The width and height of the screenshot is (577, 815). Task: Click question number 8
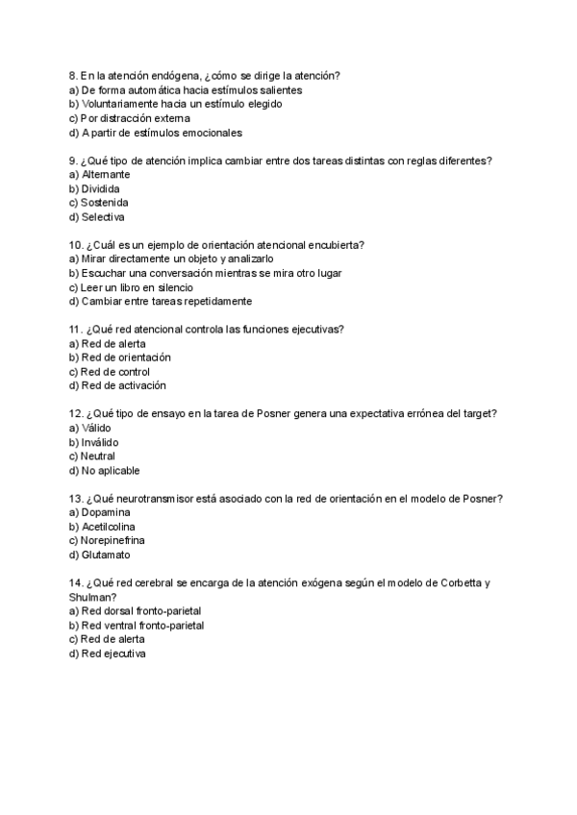(73, 76)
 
